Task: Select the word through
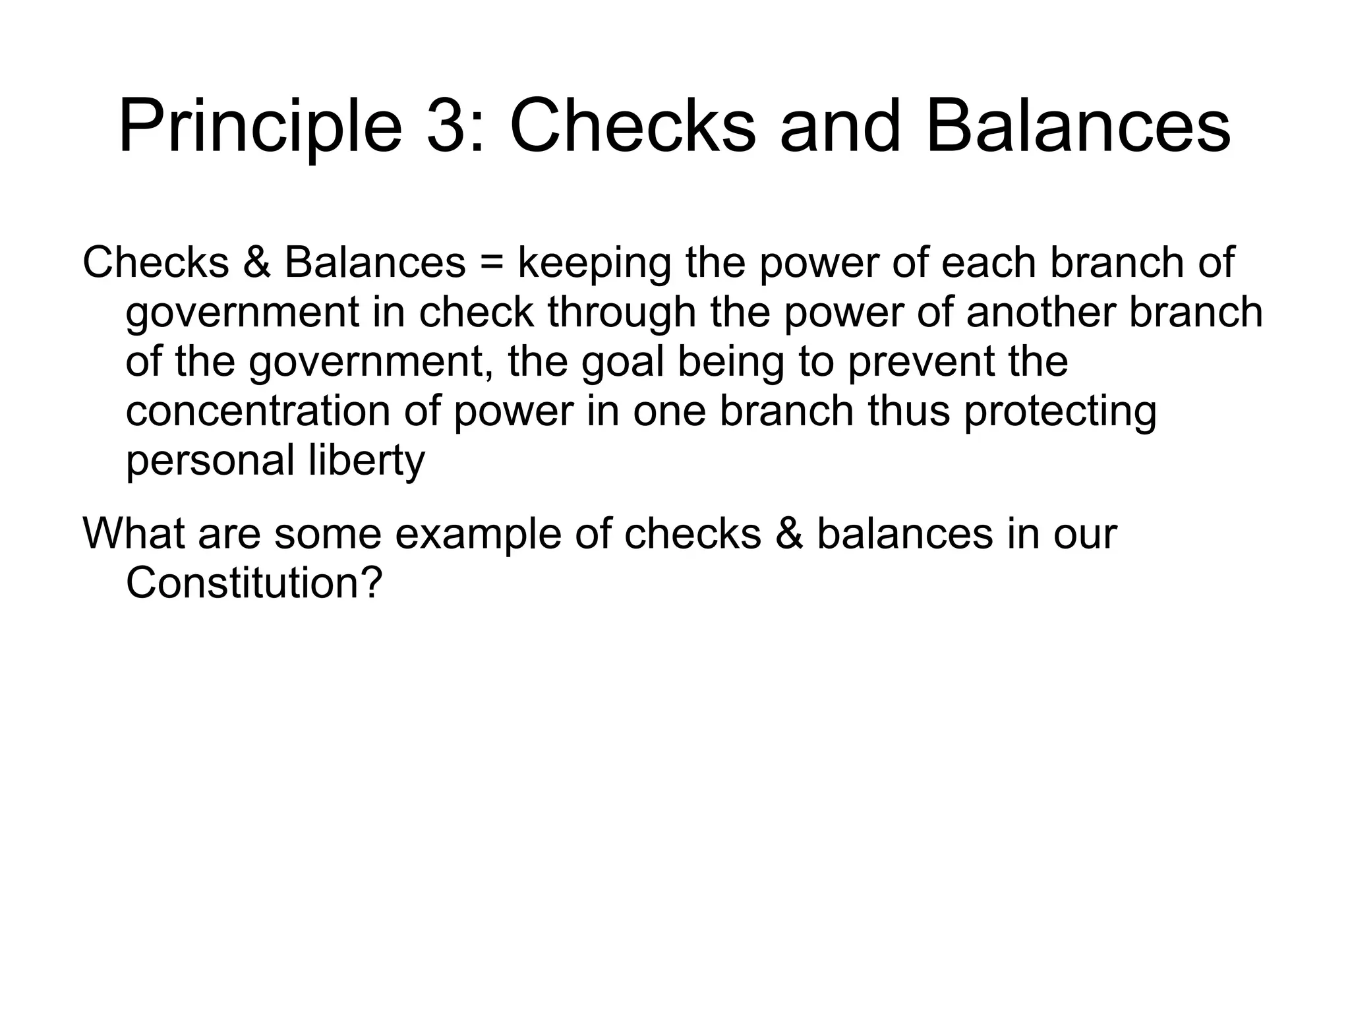(622, 313)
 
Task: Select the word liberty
(367, 461)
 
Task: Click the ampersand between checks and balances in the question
(789, 533)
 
